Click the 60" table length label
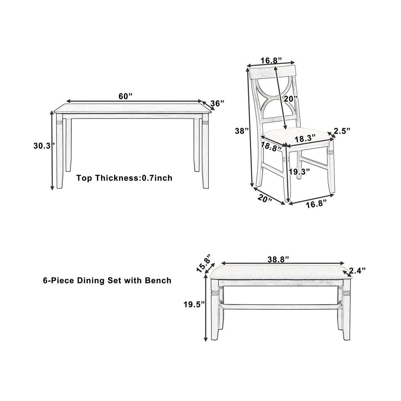pos(126,96)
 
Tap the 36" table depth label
pos(217,103)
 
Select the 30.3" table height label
pos(44,146)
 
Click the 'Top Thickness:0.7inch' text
pos(124,178)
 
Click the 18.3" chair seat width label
pos(305,139)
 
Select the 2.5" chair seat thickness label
pos(341,131)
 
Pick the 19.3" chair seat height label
pos(300,172)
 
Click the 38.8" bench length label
pos(278,259)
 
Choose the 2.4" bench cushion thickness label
pos(357,271)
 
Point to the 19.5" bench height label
pos(194,304)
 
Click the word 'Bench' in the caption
pos(158,280)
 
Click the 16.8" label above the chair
pos(271,60)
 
